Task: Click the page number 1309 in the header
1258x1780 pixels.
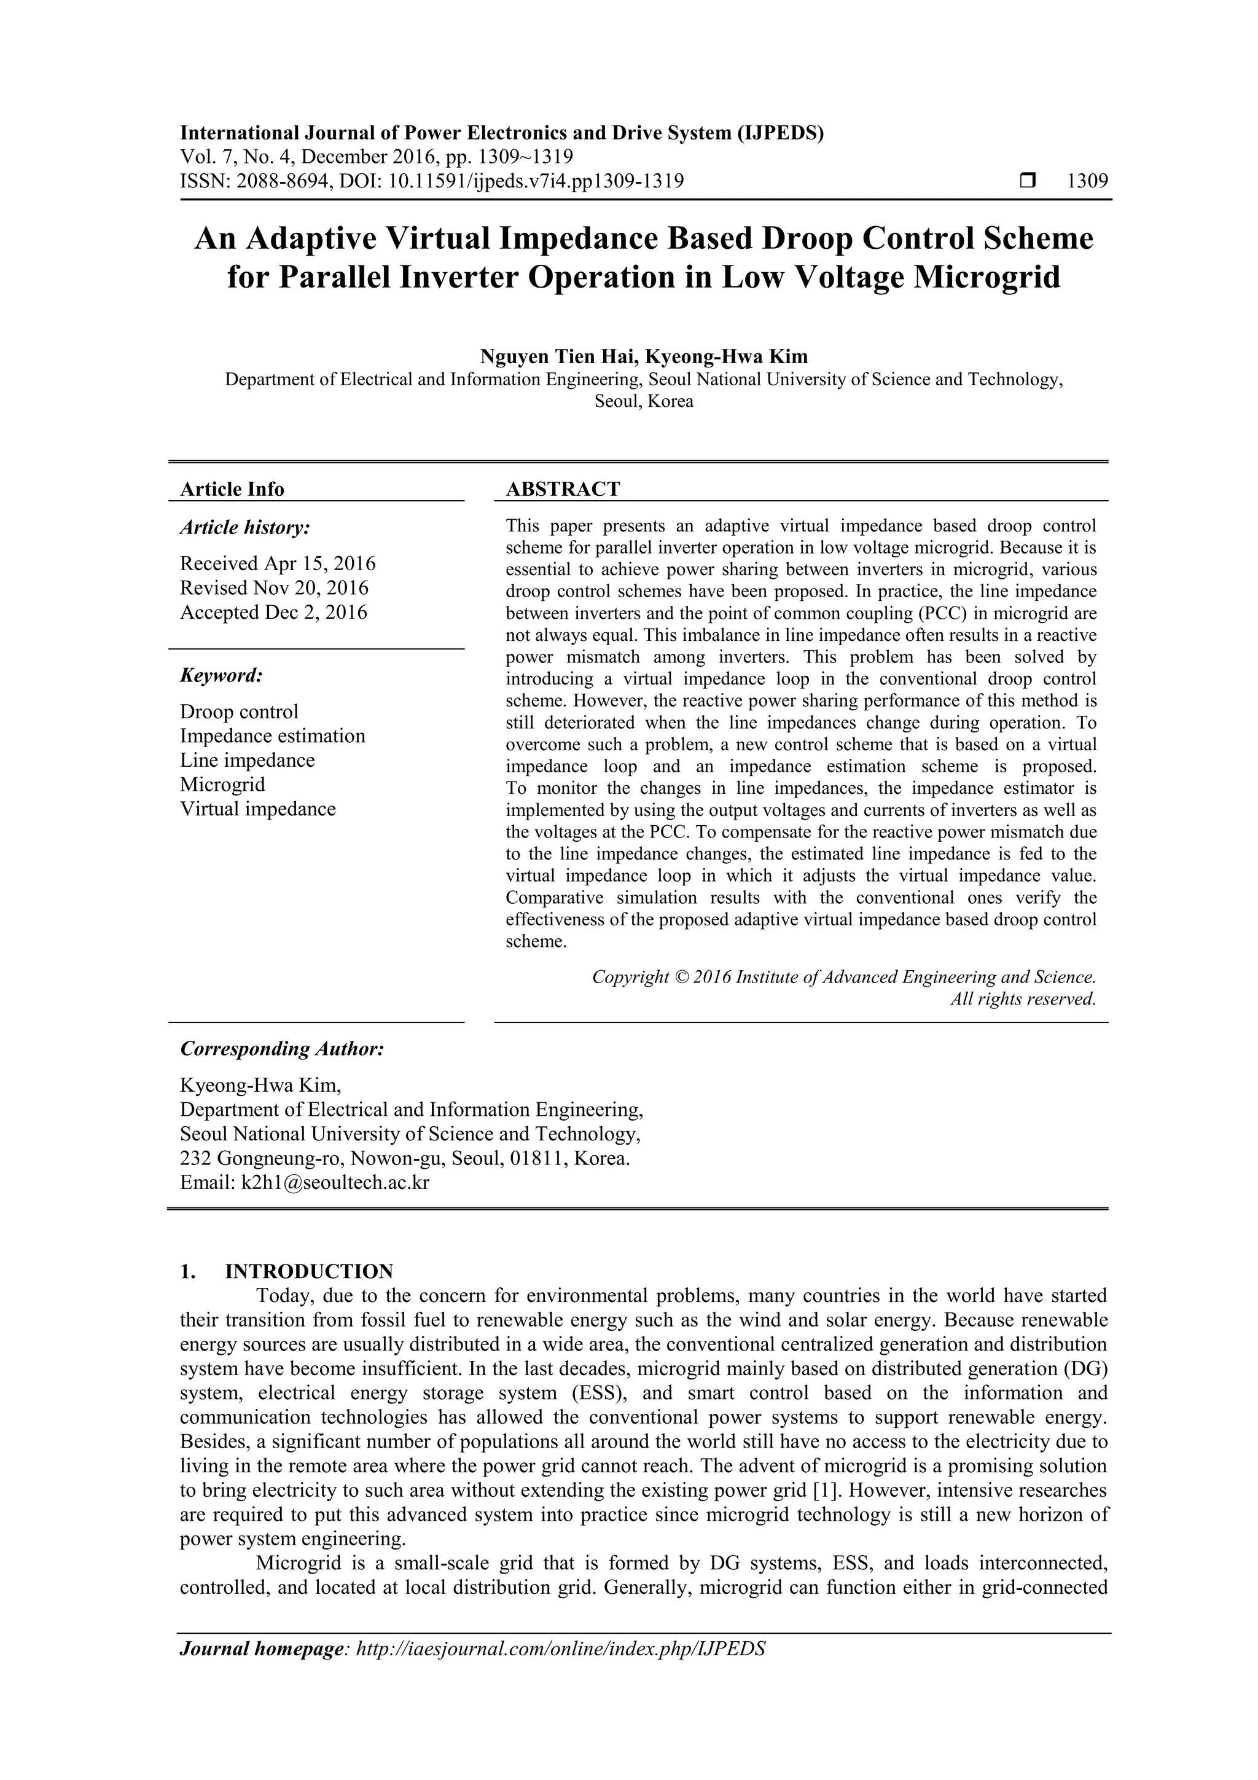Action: point(1087,181)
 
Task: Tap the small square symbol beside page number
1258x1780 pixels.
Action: point(1028,181)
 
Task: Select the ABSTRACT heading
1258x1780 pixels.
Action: point(563,489)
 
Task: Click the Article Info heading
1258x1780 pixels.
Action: point(232,489)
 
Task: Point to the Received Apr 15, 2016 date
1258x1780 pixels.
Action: point(278,563)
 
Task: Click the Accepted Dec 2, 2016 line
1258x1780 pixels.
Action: point(273,613)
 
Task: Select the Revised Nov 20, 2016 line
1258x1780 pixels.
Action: point(275,587)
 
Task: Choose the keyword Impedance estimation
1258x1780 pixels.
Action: point(272,735)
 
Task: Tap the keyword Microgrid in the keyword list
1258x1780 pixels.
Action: point(222,785)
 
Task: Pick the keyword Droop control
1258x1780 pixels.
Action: point(239,712)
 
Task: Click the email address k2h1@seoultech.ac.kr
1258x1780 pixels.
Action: point(335,1182)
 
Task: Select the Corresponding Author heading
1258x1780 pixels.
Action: point(282,1049)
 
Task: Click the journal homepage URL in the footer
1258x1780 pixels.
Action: point(560,1649)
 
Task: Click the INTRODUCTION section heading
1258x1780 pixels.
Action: point(308,1271)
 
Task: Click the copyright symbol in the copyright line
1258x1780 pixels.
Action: point(681,977)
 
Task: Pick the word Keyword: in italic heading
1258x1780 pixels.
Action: point(222,675)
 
